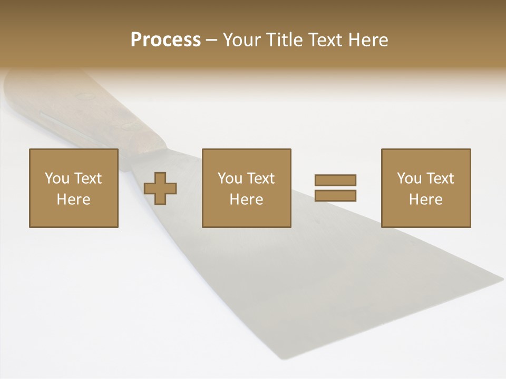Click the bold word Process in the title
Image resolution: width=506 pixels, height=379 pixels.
(x=166, y=40)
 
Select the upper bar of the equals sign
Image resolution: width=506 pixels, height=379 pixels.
(x=335, y=180)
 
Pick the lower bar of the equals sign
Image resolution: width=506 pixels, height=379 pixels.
(x=335, y=195)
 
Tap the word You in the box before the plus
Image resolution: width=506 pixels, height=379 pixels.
(x=56, y=178)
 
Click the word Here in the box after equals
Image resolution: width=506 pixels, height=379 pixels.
(x=425, y=200)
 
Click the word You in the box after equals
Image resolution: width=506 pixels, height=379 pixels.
(x=408, y=178)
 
